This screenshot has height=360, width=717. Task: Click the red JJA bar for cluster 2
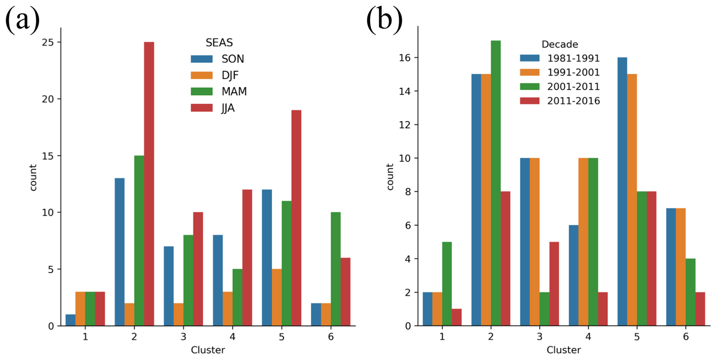pos(149,184)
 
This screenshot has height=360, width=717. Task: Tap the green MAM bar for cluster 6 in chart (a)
pos(335,269)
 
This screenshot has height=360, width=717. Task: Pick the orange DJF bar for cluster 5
pos(276,297)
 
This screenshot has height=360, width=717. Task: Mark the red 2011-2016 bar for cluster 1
pos(456,317)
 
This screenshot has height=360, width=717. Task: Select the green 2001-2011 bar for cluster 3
pos(544,309)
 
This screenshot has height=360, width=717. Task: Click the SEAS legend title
pos(219,43)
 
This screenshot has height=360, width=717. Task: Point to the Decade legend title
pos(560,44)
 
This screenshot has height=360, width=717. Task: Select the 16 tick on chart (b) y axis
pos(405,58)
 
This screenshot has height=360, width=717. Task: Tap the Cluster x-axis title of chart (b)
pos(563,350)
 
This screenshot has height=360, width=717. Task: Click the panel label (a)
pos(22,20)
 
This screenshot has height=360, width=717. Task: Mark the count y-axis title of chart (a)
pos(33,178)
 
